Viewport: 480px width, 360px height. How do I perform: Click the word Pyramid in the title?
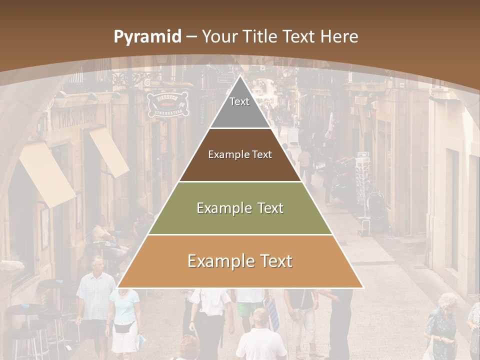(x=147, y=37)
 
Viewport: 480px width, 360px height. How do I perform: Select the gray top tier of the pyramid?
(x=240, y=107)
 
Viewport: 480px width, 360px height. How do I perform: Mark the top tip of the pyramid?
(x=240, y=76)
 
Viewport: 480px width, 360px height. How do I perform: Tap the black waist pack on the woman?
(x=123, y=327)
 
